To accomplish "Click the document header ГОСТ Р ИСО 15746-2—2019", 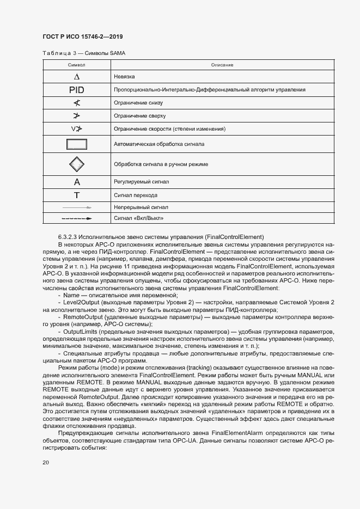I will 82,36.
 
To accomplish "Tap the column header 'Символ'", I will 76,65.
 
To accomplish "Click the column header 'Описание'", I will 222,65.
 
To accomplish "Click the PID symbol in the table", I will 77,90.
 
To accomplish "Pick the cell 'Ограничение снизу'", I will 138,103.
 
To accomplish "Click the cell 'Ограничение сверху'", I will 139,116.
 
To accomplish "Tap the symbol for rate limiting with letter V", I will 76,129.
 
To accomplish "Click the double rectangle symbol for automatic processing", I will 77,145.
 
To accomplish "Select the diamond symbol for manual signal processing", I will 77,164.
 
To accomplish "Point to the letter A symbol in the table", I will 77,182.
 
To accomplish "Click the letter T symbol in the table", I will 77,195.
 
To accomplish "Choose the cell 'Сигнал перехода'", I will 136,195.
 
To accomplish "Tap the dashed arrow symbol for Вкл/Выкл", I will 77,218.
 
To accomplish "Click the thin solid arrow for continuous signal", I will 77,207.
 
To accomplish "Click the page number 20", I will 46,462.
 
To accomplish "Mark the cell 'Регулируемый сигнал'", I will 142,182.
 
